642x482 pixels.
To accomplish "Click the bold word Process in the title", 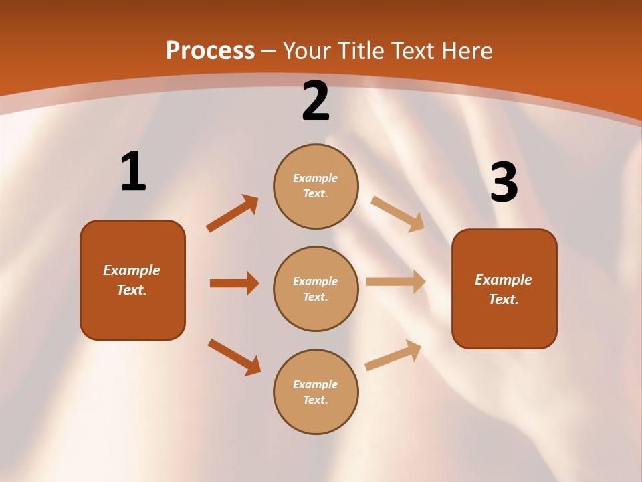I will click(x=210, y=51).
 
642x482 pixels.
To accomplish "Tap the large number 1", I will click(x=133, y=171).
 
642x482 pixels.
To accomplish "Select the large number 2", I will click(x=316, y=101).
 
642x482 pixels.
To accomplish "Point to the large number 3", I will click(x=504, y=183).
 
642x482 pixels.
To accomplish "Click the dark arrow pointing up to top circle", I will click(x=232, y=214).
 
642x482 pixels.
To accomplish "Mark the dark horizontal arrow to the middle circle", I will click(x=234, y=283).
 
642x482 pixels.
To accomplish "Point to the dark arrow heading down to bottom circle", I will click(x=234, y=357).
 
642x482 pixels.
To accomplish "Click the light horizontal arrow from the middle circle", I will click(x=396, y=282).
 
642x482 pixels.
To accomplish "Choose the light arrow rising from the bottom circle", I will click(x=393, y=355).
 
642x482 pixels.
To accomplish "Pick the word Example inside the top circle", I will click(x=316, y=179).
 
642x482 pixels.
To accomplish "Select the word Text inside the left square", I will click(x=132, y=290).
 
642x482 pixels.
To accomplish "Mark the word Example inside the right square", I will click(x=504, y=280).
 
